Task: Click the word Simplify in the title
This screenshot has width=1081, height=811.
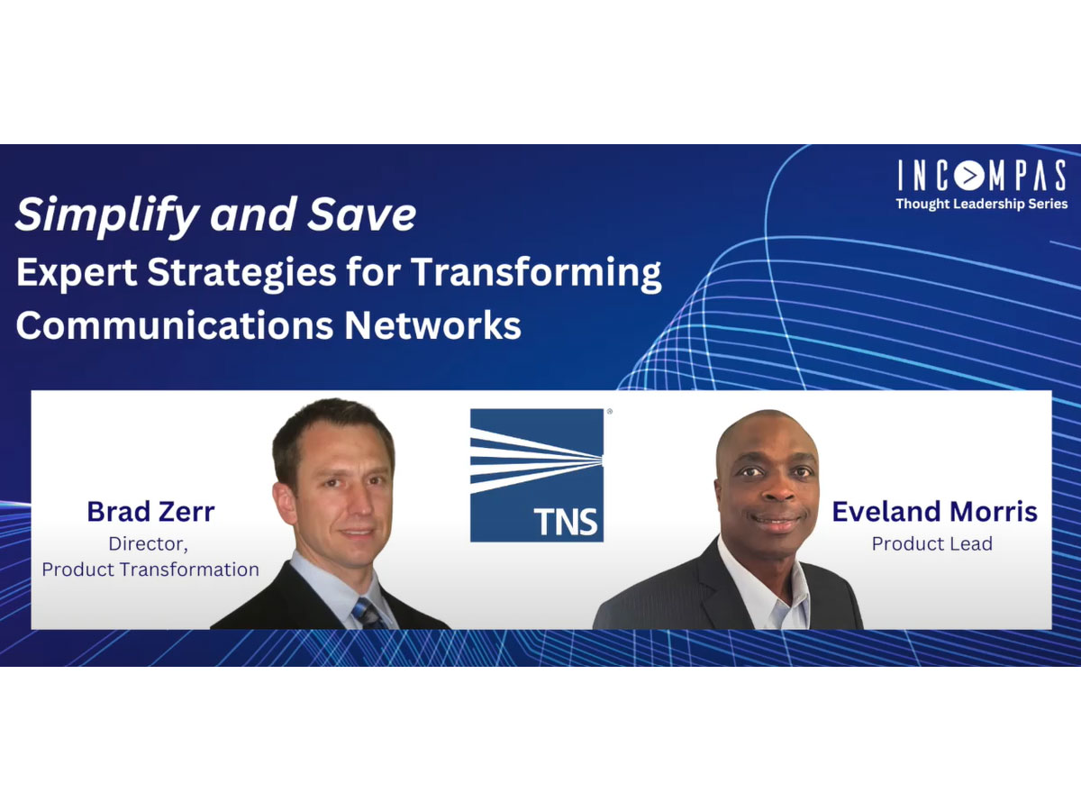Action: click(107, 214)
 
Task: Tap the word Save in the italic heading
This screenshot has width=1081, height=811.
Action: click(361, 214)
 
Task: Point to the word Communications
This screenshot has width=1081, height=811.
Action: click(175, 325)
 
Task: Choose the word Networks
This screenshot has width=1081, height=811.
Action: click(432, 325)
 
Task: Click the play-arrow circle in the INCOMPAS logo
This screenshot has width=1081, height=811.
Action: click(968, 176)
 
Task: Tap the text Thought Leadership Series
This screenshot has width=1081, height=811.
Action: click(982, 204)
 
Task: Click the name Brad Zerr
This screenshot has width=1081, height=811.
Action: click(150, 512)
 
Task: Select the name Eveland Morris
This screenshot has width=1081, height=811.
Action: click(935, 512)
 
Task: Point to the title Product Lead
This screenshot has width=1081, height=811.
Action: click(931, 543)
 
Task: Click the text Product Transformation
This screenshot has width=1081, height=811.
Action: click(150, 570)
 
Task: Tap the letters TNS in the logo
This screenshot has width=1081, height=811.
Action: click(566, 522)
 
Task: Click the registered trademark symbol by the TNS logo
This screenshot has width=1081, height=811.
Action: click(610, 411)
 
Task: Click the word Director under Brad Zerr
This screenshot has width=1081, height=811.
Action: click(149, 543)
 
